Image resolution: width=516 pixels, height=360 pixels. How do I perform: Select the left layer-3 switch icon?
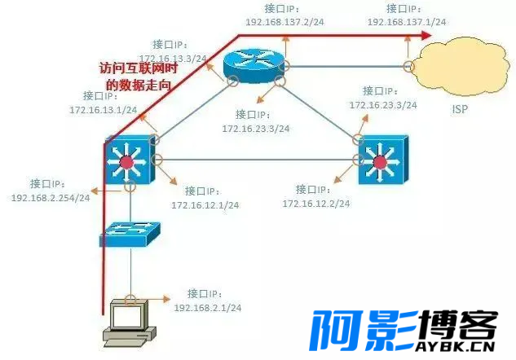(x=126, y=160)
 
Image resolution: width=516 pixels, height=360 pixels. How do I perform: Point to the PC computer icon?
(x=128, y=320)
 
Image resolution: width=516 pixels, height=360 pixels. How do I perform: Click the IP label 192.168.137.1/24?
(x=406, y=22)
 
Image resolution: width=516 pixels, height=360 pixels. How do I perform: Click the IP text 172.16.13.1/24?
(x=103, y=109)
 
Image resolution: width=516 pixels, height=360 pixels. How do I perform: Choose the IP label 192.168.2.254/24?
(x=51, y=198)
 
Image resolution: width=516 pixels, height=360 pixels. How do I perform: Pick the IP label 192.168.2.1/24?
(x=208, y=307)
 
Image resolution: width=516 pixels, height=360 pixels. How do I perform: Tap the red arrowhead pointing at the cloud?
(x=425, y=35)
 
